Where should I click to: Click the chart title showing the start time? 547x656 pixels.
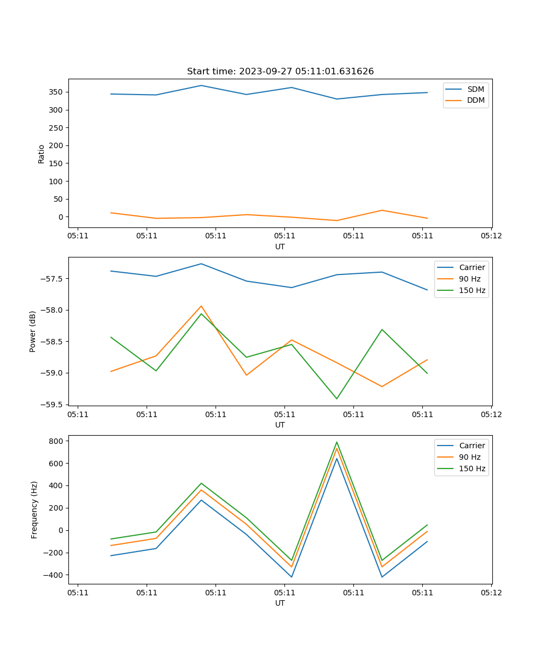[x=280, y=72]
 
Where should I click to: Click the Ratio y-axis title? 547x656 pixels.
[x=42, y=154]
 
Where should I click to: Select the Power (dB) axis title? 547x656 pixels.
[x=33, y=331]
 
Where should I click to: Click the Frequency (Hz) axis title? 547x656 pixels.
[x=34, y=509]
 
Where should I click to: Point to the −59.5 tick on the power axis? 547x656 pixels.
[x=53, y=405]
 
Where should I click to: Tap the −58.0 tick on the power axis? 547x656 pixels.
[x=53, y=310]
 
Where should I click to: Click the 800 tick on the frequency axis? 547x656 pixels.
[x=57, y=441]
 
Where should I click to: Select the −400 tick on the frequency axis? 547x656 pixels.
[x=55, y=575]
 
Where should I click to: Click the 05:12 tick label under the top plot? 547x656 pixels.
[x=491, y=236]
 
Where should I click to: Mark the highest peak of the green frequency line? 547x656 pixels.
[x=337, y=442]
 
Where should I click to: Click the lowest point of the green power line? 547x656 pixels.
[x=337, y=399]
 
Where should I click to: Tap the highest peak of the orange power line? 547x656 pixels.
[x=201, y=306]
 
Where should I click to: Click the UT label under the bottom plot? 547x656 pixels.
[x=280, y=603]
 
